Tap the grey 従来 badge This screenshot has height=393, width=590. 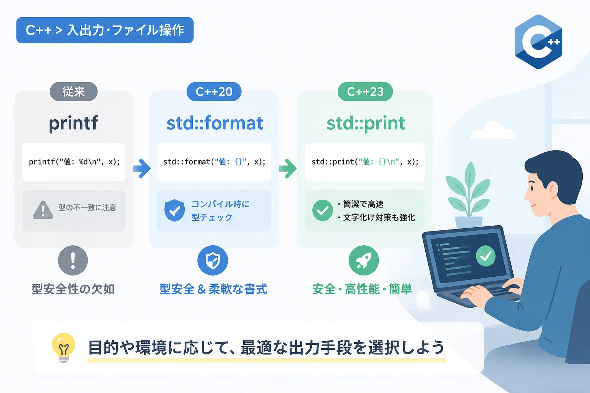[74, 92]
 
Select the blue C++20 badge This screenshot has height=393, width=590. [214, 92]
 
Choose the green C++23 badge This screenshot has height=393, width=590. [365, 92]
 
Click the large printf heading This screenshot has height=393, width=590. [73, 123]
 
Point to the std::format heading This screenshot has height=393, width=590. [215, 123]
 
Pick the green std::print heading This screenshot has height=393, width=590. [366, 123]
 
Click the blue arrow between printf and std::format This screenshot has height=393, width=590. [142, 168]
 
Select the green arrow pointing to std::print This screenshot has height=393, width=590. [288, 168]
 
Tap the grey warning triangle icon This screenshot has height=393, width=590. [43, 210]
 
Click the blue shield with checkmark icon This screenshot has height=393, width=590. [174, 210]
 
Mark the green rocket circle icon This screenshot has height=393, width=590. [364, 260]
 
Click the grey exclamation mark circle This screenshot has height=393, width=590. [73, 260]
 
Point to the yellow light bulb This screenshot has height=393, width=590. [63, 347]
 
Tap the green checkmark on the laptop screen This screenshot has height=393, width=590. [486, 256]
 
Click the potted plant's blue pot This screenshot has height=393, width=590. [469, 223]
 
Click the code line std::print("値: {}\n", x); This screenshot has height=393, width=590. [365, 162]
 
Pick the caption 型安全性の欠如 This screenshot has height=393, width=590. [73, 289]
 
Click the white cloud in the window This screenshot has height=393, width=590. [493, 130]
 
